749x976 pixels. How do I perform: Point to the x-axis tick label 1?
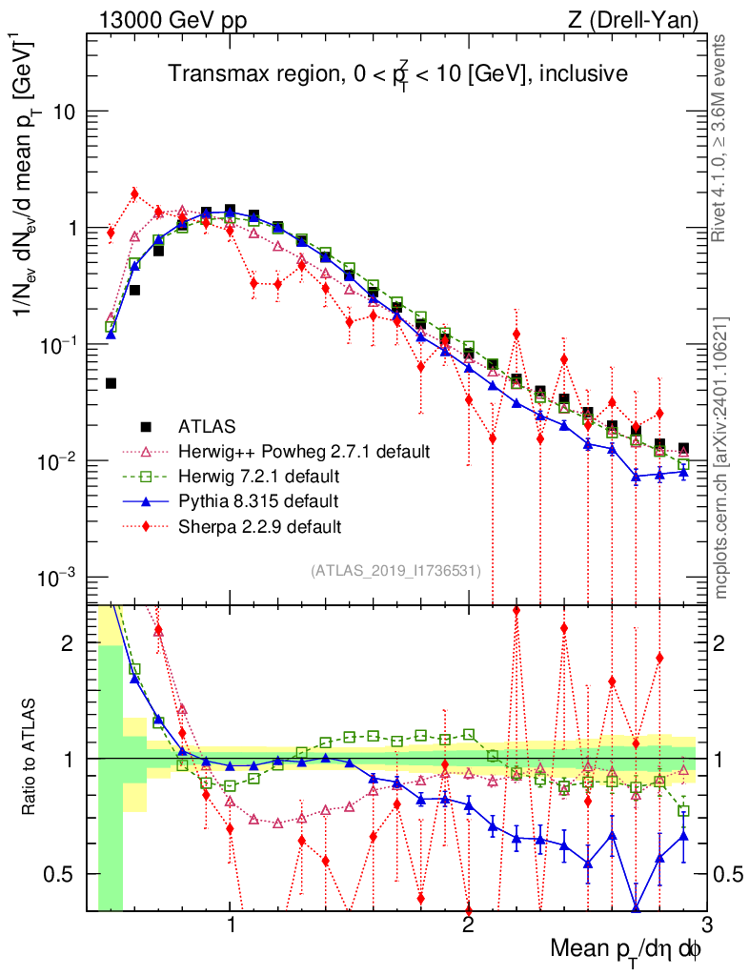pos(231,925)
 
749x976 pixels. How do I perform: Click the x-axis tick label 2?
pos(467,925)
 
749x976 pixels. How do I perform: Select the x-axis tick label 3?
pos(703,925)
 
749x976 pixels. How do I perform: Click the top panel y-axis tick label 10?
pos(65,112)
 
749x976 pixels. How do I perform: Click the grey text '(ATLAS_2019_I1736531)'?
pos(395,571)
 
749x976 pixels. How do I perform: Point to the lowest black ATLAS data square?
pos(111,383)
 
